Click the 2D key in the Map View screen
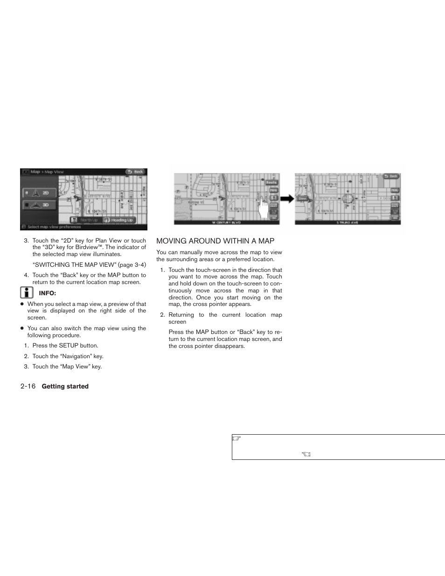(40, 193)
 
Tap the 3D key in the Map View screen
(40, 205)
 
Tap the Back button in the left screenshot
(135, 172)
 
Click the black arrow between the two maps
(287, 199)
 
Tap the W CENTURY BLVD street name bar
(227, 222)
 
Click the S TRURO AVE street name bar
(348, 222)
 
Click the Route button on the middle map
(271, 182)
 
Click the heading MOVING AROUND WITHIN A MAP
(215, 241)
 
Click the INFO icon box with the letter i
(27, 293)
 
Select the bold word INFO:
(47, 293)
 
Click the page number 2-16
(28, 386)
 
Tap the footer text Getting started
(65, 387)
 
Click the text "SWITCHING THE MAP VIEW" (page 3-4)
(89, 265)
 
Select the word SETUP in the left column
(69, 346)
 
